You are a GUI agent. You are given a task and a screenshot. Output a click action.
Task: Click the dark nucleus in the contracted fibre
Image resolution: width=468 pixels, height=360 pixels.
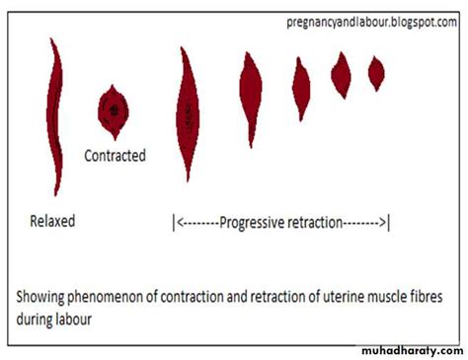coord(115,107)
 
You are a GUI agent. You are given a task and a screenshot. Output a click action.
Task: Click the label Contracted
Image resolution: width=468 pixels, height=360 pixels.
coord(115,155)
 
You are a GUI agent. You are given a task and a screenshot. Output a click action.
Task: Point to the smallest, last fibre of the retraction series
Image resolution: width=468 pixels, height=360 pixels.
coord(376,72)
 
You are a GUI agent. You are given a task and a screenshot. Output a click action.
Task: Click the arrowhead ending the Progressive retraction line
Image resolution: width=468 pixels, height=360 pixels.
coord(384,223)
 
